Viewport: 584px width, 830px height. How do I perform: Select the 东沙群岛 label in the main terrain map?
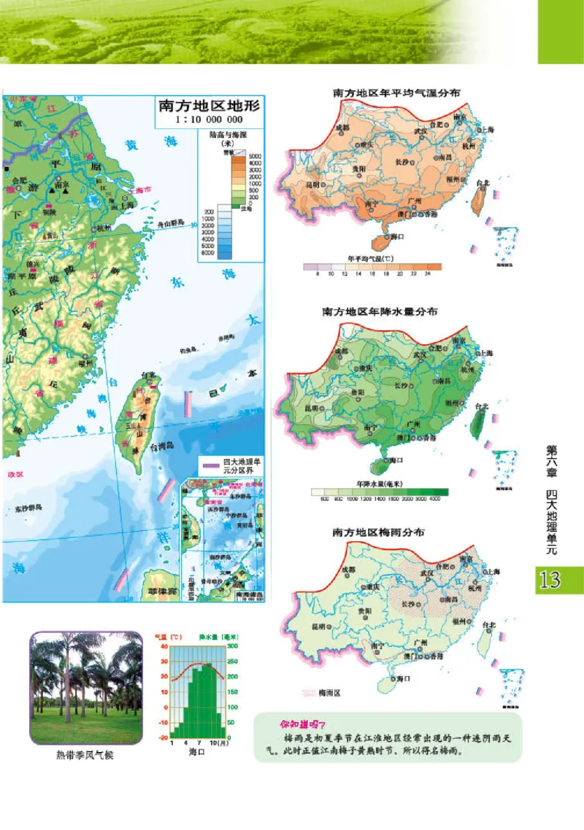point(28,508)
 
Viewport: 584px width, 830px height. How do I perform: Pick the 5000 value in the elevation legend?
point(255,157)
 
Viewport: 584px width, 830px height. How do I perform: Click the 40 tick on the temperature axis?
point(164,647)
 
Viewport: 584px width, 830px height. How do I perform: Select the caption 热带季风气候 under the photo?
point(85,755)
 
